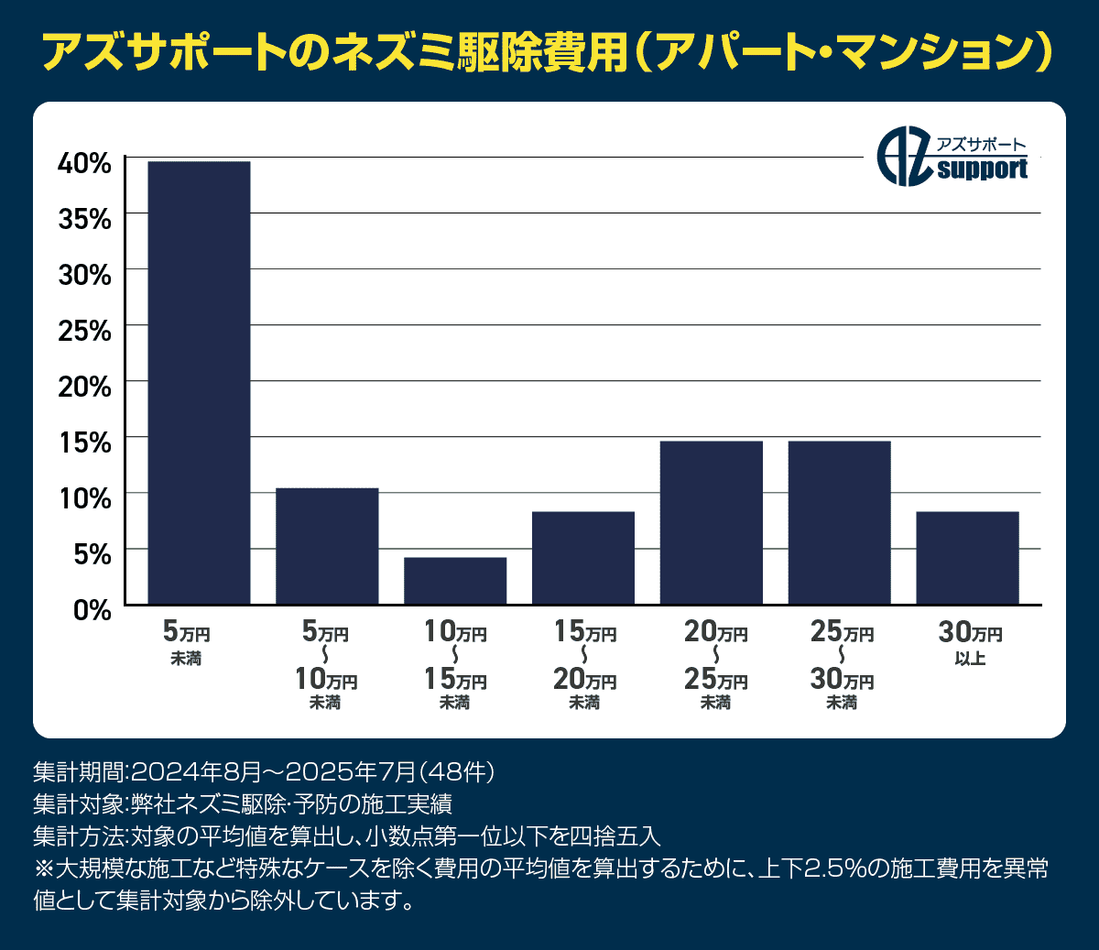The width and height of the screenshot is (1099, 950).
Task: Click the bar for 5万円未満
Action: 199,383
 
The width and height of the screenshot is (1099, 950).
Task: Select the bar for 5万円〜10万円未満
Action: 327,546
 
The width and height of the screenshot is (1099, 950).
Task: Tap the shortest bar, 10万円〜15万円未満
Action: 455,581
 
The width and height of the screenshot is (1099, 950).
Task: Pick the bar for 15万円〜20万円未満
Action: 583,558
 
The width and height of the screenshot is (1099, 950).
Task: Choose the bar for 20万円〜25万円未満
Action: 712,522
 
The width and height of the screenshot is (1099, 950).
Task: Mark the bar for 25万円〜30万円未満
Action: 839,522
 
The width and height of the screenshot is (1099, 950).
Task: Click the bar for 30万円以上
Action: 967,558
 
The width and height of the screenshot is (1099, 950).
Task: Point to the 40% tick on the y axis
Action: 84,163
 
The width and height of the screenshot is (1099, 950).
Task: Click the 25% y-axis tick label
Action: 84,331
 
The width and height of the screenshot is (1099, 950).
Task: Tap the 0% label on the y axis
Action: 92,610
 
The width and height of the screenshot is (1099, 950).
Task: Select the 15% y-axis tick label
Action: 84,442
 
